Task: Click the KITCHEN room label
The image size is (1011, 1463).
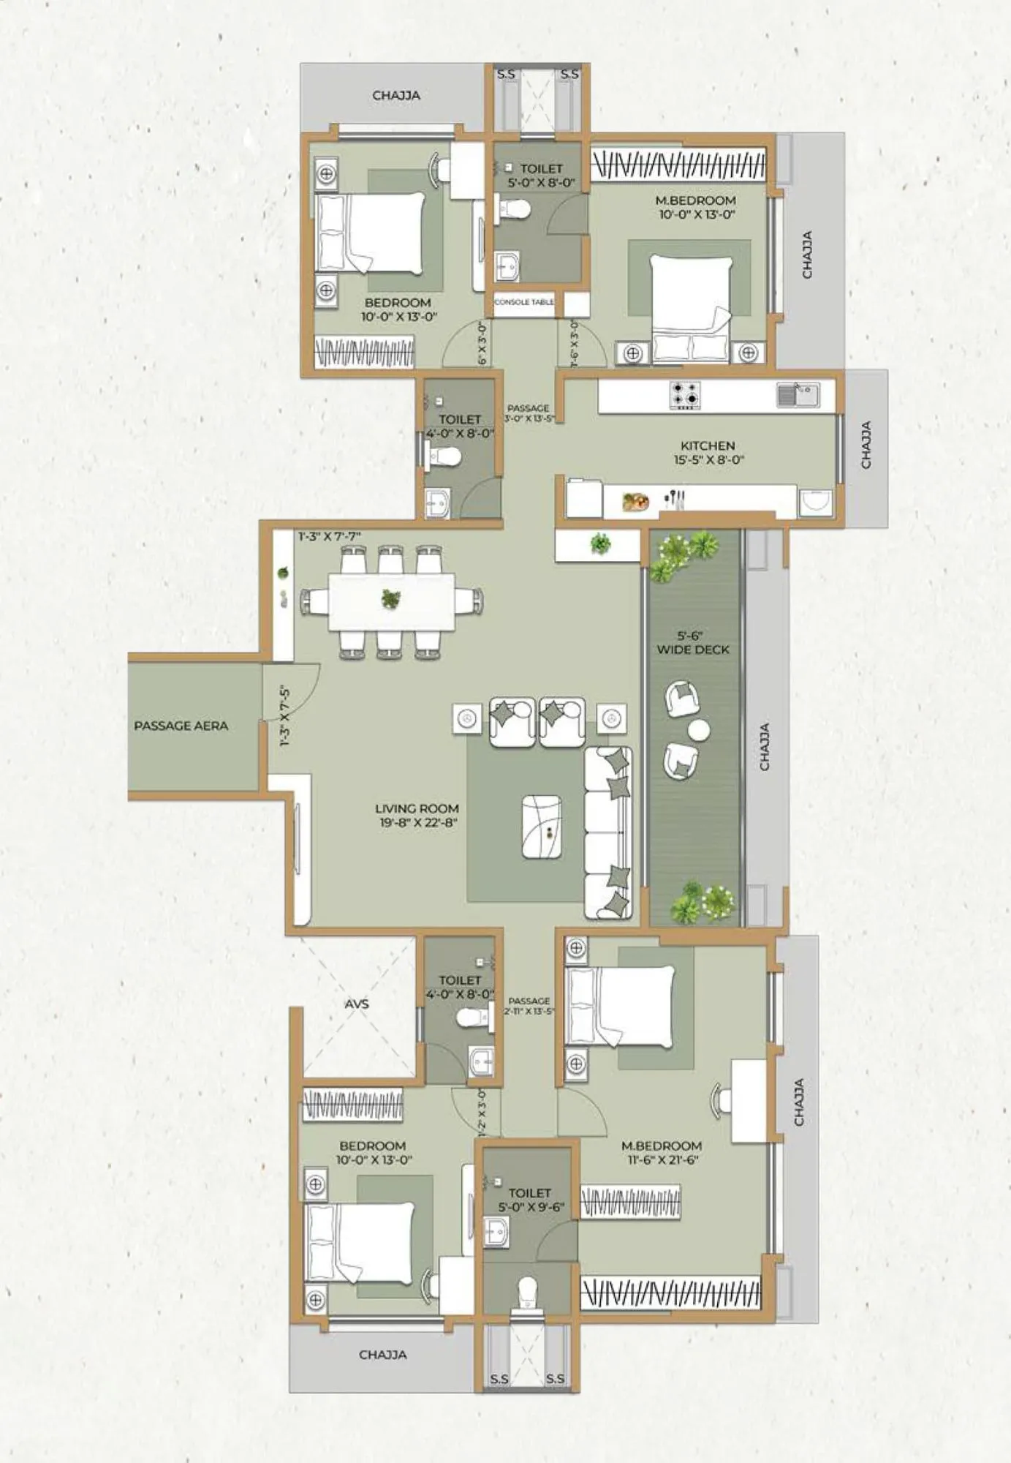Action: click(707, 445)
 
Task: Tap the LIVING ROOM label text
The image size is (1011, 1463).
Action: click(417, 808)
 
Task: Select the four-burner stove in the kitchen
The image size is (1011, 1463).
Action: click(685, 395)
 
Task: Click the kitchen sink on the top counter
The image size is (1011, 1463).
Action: click(797, 395)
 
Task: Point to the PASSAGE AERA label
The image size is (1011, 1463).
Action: click(181, 726)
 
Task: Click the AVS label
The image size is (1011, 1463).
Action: click(357, 1004)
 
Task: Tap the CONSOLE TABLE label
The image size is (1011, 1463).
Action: click(523, 302)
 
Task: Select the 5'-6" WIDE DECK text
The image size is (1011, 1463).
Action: click(692, 643)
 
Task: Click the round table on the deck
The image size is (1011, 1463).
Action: click(699, 730)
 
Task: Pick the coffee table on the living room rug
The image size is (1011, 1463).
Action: click(542, 827)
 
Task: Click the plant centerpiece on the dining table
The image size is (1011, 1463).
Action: click(391, 599)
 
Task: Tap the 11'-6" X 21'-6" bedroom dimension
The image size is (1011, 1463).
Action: click(661, 1160)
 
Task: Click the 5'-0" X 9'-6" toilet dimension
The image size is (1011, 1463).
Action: click(531, 1207)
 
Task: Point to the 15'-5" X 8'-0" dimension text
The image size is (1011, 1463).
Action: click(708, 460)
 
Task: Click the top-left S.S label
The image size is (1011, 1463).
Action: click(506, 75)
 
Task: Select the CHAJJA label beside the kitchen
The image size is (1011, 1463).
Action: click(866, 445)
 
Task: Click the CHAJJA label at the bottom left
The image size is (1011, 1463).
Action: click(382, 1355)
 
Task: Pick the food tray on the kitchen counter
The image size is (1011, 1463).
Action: click(635, 502)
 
